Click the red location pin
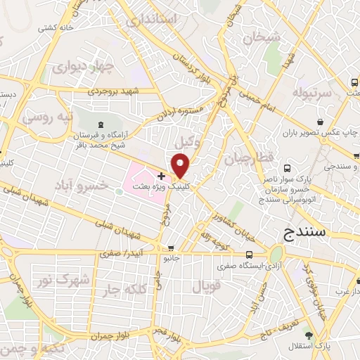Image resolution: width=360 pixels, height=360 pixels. pos(181,166)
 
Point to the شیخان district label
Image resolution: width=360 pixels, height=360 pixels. pos(262,35)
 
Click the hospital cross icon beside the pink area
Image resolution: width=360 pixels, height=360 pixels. pos(162,176)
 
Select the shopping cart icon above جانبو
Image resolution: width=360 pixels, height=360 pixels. pos(171,248)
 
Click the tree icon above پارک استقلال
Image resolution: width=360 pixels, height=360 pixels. pos(309,335)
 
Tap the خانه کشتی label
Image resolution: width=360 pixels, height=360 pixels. pos(56,27)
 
